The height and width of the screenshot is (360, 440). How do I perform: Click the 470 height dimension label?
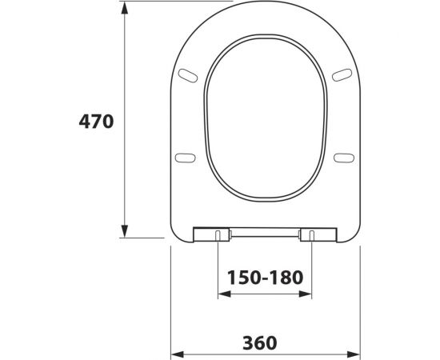97,122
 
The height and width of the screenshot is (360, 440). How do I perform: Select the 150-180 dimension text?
265,278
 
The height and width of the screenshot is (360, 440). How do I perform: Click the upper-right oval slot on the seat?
342,75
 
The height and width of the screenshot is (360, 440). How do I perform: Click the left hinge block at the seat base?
218,234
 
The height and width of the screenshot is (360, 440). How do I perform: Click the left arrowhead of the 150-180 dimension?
224,294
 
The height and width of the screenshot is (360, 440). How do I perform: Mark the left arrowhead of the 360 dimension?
178,354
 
